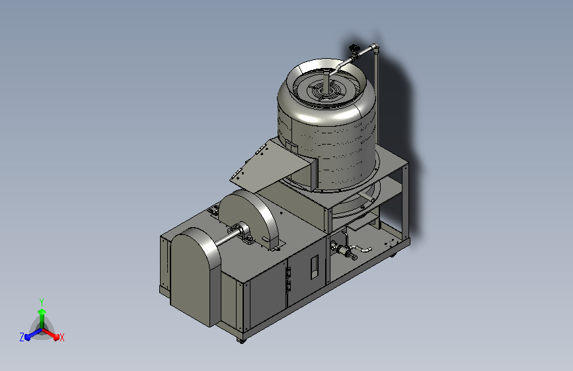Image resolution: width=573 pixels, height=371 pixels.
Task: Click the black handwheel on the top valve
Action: point(354,47)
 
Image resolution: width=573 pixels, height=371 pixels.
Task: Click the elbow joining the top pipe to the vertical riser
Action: point(375,48)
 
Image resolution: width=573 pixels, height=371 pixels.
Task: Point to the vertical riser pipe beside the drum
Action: point(376,98)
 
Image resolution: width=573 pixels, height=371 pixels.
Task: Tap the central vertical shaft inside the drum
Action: point(325,81)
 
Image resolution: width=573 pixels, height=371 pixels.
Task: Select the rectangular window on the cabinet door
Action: point(315,267)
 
